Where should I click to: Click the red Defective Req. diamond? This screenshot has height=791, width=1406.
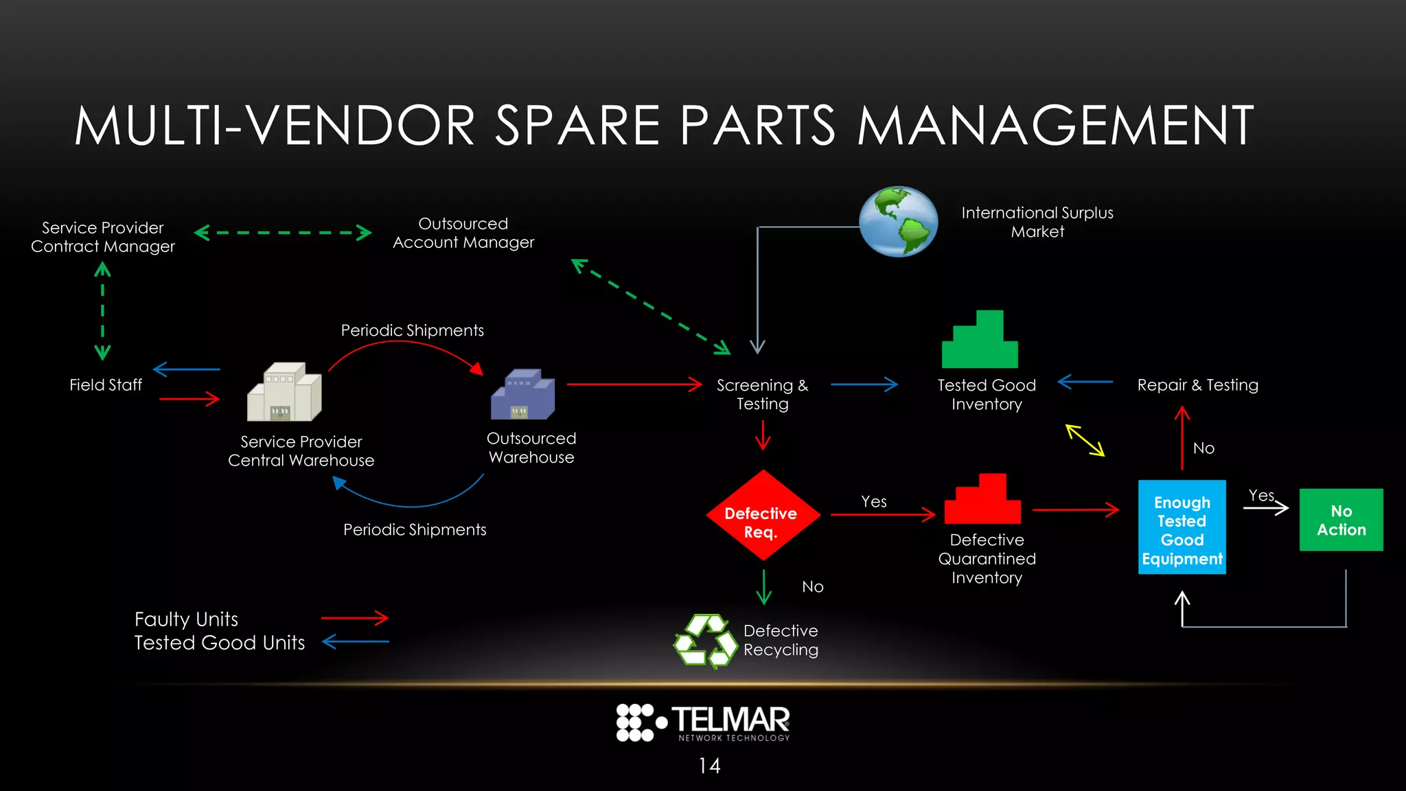click(763, 516)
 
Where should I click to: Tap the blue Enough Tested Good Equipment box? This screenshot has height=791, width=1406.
click(1182, 527)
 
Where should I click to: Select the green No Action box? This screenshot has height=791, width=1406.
click(1341, 520)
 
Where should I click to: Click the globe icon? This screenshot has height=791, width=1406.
click(898, 221)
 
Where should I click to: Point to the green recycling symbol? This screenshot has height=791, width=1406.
click(705, 641)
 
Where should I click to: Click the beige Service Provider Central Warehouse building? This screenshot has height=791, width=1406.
click(284, 392)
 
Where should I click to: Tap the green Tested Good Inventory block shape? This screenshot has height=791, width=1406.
click(980, 341)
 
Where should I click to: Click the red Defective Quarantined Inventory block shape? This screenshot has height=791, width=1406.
click(982, 499)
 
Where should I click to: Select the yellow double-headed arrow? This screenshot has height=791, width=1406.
click(1085, 440)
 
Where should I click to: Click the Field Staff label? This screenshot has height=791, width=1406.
click(106, 385)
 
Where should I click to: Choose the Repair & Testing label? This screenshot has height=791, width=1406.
click(1197, 385)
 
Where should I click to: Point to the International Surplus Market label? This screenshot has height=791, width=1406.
click(1037, 222)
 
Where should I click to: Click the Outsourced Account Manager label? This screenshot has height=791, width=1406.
click(463, 233)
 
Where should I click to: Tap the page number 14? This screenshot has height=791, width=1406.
click(709, 766)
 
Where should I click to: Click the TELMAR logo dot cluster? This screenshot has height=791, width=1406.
click(635, 722)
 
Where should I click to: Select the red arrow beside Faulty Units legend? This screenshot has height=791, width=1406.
click(355, 618)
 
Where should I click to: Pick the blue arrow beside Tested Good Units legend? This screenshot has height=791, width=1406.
click(356, 642)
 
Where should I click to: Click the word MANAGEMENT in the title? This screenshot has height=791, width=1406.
click(1055, 126)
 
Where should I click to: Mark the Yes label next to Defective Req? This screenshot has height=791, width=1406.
click(874, 502)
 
